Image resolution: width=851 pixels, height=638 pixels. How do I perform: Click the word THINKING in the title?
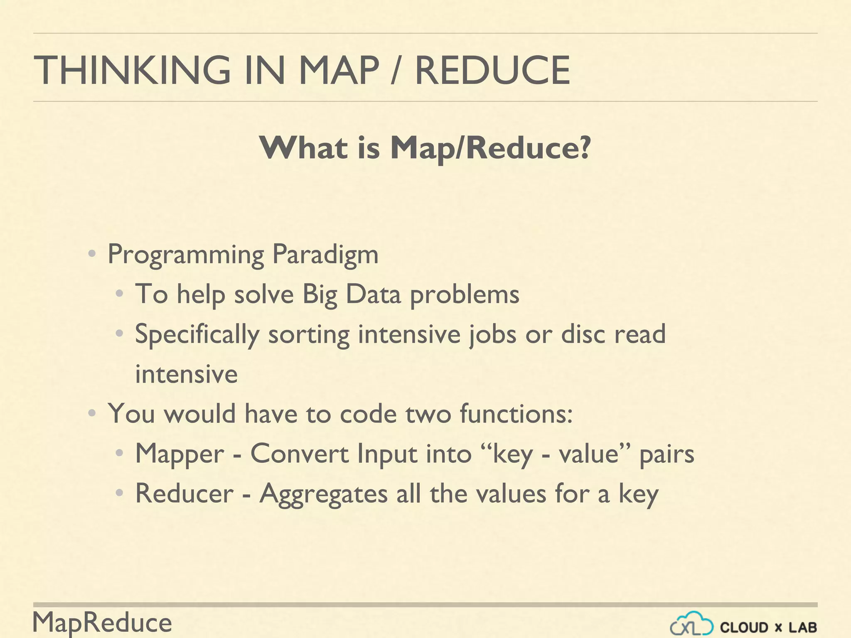tap(132, 70)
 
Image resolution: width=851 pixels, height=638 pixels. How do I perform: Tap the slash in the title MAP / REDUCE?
tap(396, 70)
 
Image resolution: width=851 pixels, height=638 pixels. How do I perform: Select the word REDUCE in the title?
tap(492, 70)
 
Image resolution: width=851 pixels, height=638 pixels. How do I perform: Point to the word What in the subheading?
tap(303, 147)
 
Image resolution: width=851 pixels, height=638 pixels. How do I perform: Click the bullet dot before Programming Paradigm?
tap(92, 253)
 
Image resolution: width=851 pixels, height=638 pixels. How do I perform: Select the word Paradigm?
tap(325, 254)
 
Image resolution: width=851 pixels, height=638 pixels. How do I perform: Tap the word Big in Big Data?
tap(319, 294)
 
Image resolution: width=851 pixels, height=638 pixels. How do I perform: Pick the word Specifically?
tap(197, 334)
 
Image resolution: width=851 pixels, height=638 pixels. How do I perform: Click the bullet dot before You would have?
tap(92, 413)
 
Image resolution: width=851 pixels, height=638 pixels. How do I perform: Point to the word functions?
tap(516, 414)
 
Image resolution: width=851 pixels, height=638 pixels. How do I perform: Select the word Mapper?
tap(180, 454)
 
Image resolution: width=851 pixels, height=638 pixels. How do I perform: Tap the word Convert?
tap(299, 454)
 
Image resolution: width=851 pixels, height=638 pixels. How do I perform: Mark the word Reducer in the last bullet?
tap(184, 493)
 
